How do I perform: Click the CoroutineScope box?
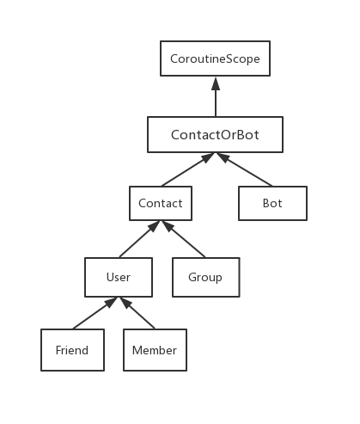pos(215,58)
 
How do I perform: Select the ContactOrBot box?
pos(215,134)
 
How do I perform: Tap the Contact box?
pos(161,203)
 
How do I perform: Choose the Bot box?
pos(272,203)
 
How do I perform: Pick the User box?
pos(119,277)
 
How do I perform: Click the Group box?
pos(206,277)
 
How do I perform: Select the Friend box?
pos(72,350)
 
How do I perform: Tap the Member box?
pos(155,350)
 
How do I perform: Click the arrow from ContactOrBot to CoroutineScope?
pos(216,96)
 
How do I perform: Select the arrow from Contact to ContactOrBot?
pos(188,169)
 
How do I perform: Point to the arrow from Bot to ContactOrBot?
pos(244,169)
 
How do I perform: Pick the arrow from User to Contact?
pos(139,239)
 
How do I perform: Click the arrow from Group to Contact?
pos(184,239)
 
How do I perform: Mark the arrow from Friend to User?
pos(95,313)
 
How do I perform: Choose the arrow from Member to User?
pos(137,313)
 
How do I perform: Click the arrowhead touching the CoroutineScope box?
pos(216,83)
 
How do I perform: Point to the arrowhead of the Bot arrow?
pos(223,157)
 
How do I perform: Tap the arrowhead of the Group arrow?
pos(168,225)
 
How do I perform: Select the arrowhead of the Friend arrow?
pos(111,302)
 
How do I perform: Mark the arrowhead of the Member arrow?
pos(125,303)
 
